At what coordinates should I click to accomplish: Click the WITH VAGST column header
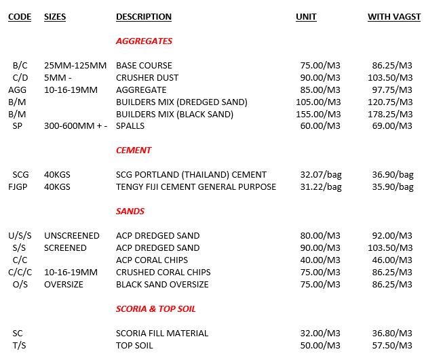point(394,17)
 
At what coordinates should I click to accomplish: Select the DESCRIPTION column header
point(144,17)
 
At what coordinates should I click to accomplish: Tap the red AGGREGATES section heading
point(144,41)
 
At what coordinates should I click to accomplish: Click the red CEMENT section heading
point(134,151)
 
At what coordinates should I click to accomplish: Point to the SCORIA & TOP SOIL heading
point(156,309)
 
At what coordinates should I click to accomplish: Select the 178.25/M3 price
point(392,115)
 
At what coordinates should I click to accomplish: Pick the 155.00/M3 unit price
point(320,115)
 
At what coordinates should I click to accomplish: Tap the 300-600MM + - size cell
point(76,127)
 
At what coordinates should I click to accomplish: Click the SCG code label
point(20,175)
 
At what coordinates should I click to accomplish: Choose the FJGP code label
point(20,187)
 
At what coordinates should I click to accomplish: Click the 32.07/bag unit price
point(321,175)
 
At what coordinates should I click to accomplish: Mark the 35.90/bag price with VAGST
point(393,187)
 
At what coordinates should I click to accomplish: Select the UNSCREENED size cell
point(71,236)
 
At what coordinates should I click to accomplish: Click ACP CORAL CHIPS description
point(152,260)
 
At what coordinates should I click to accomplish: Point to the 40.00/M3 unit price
point(320,260)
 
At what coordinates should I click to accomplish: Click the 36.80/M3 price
point(392,334)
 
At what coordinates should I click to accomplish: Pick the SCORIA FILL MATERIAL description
point(162,334)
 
